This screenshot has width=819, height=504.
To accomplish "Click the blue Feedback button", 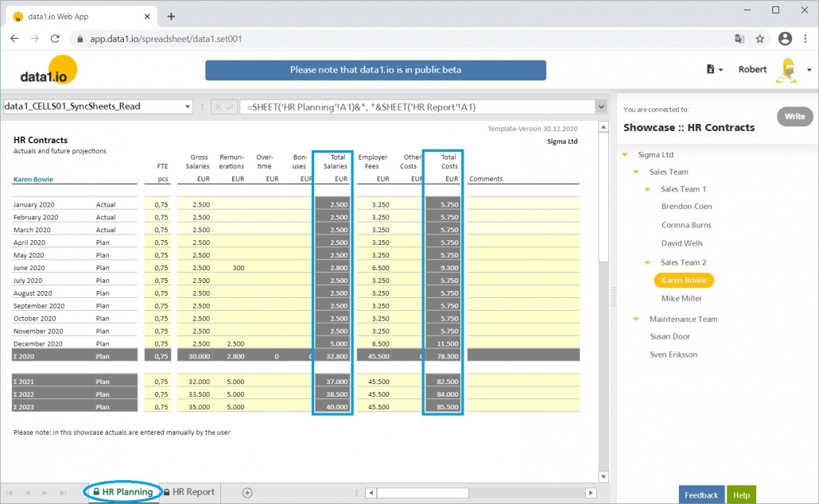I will (701, 494).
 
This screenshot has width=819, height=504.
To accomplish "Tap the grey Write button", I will (794, 116).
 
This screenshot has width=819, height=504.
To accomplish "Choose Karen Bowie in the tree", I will (684, 280).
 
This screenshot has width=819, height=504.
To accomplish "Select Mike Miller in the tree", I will (681, 298).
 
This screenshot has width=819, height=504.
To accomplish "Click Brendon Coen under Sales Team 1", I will (686, 206).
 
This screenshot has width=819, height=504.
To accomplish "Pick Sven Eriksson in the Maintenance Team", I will (673, 355).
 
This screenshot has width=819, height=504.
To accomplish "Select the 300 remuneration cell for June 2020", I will (238, 268).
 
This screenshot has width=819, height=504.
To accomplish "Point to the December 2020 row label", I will (39, 343).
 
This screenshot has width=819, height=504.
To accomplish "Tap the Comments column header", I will (486, 179).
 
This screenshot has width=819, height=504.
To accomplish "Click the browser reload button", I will (55, 38).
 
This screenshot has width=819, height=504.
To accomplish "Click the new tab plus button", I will (171, 16).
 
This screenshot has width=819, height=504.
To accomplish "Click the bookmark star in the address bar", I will (760, 38).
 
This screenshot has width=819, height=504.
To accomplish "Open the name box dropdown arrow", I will (188, 107).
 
